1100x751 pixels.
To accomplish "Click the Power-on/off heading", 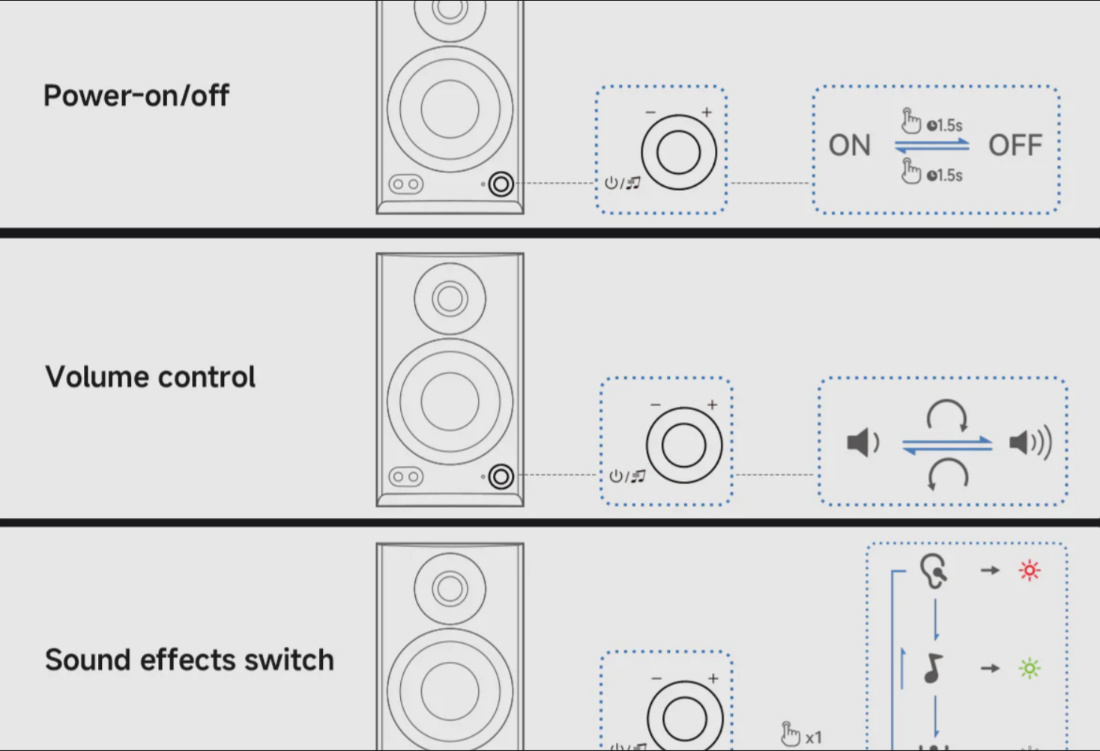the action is click(136, 95).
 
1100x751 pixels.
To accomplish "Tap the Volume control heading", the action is click(150, 377).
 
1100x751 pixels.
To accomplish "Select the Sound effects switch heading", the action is click(189, 659).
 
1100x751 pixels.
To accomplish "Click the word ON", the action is click(850, 145).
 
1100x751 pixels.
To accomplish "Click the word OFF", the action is click(1015, 145).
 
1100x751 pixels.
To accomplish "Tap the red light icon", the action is click(1030, 570).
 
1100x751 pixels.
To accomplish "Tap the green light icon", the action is click(1030, 669).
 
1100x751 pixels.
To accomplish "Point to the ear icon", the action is click(934, 570).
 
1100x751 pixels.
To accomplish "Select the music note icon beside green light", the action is click(933, 668).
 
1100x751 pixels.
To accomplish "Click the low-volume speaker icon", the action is click(862, 442).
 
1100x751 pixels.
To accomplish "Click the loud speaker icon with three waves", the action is click(1030, 442).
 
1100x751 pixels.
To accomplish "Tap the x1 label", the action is click(813, 738).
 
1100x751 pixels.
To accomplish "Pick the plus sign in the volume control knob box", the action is click(712, 405).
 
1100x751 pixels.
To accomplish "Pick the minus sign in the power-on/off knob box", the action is click(650, 112).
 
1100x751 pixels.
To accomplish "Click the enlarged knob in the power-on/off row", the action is click(678, 152).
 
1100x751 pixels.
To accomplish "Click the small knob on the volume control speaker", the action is click(501, 477).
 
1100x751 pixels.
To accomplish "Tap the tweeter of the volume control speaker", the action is click(450, 298).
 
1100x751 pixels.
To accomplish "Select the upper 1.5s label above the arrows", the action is click(944, 126).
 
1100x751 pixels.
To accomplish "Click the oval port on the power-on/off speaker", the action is click(405, 184).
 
